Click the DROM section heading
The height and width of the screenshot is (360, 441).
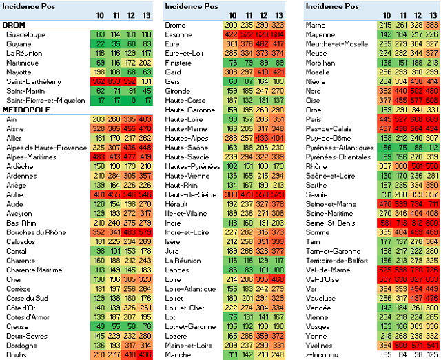coord(13,25)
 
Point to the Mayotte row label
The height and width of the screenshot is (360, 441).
coord(19,72)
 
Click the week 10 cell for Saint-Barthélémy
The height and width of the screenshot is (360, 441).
coord(100,81)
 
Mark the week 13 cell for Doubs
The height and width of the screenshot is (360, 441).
coord(145,354)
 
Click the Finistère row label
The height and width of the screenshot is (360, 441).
coord(178,62)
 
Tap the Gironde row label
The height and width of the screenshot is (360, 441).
coord(178,90)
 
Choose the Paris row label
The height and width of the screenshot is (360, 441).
coord(314,119)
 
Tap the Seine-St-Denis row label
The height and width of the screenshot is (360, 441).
coord(330,241)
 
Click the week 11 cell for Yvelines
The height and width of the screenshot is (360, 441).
coord(400,345)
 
